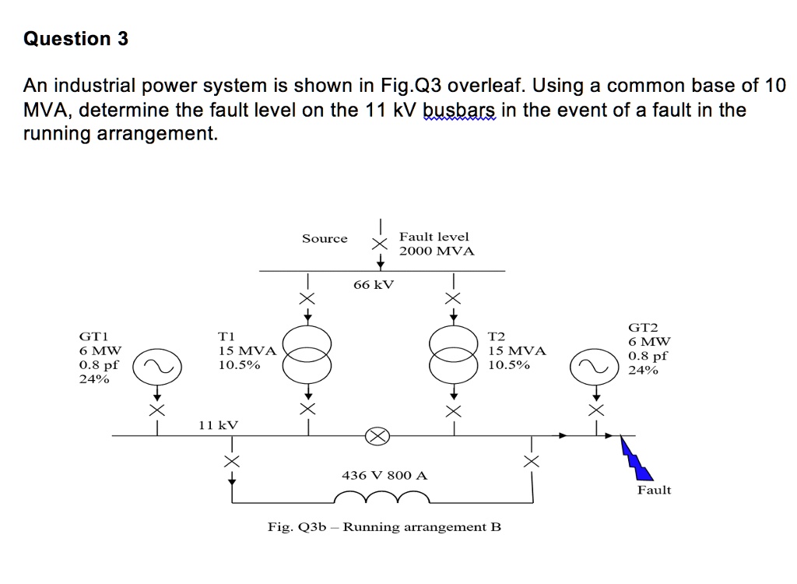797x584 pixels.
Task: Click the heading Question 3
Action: (76, 39)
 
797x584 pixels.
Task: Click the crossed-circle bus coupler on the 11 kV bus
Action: (377, 436)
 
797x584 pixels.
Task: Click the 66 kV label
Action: (374, 285)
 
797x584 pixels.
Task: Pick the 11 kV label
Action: (218, 425)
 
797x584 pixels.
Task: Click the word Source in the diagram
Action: (325, 238)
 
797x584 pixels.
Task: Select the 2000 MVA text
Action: (436, 252)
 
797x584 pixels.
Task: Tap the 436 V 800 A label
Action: (384, 475)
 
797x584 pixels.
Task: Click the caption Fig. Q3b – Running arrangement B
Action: (384, 527)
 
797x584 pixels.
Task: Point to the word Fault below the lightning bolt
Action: (654, 490)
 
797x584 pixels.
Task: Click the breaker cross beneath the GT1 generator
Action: (157, 410)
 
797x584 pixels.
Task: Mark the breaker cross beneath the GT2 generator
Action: (595, 410)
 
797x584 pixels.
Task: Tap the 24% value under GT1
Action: (94, 379)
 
